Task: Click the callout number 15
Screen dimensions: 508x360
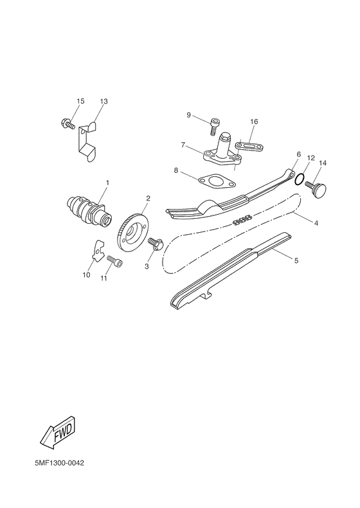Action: pyautogui.click(x=80, y=102)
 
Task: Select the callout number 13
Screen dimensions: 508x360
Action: pyautogui.click(x=104, y=102)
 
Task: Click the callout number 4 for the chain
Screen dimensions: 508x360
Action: pyautogui.click(x=316, y=222)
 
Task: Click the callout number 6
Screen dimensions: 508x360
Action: pyautogui.click(x=299, y=155)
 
